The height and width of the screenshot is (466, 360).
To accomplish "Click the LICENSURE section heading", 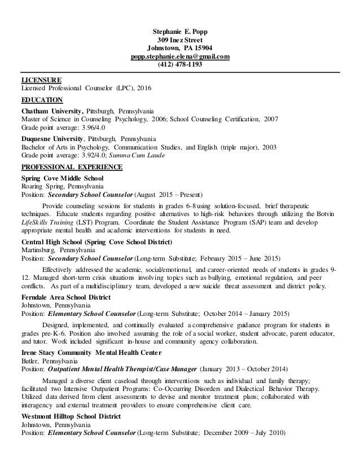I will pyautogui.click(x=41, y=80).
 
